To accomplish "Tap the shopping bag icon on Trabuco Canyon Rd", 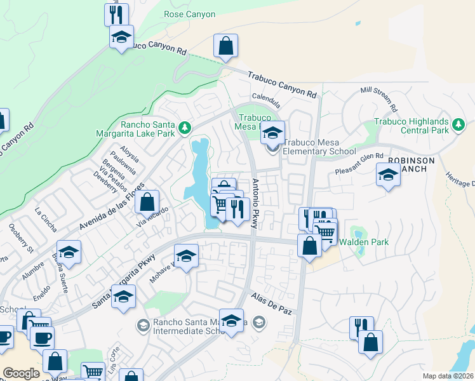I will pyautogui.click(x=225, y=46).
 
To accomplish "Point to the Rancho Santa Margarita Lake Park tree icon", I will pyautogui.click(x=185, y=128).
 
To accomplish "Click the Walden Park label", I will pyautogui.click(x=363, y=242).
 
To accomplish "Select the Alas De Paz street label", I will pyautogui.click(x=271, y=300).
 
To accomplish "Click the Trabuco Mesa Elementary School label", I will pyautogui.click(x=319, y=147).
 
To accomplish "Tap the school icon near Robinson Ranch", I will pyautogui.click(x=388, y=175).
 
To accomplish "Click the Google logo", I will pyautogui.click(x=21, y=373).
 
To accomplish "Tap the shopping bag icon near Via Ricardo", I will pyautogui.click(x=147, y=203).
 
